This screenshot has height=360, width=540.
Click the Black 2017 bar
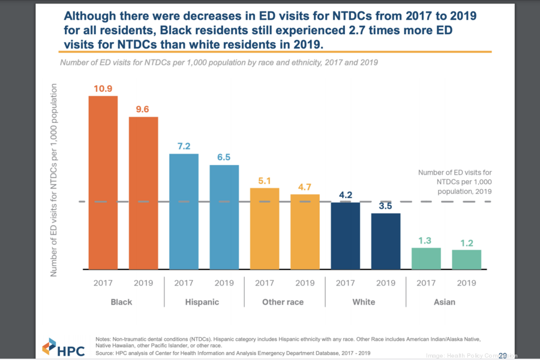103,182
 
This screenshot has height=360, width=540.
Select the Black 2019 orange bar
143,193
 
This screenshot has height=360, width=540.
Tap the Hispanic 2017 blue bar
184,211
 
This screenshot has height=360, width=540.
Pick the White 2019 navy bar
385,241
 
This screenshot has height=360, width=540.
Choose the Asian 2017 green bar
426,259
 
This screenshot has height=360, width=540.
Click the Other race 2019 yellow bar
305,232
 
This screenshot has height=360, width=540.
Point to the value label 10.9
103,89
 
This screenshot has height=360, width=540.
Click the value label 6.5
224,157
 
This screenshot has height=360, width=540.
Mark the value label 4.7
305,187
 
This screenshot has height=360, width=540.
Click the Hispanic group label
203,302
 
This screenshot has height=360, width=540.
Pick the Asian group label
445,302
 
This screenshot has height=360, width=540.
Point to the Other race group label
283,302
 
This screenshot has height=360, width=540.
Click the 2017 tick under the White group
345,283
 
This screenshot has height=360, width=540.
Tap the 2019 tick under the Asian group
466,283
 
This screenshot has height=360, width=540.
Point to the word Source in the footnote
106,353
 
